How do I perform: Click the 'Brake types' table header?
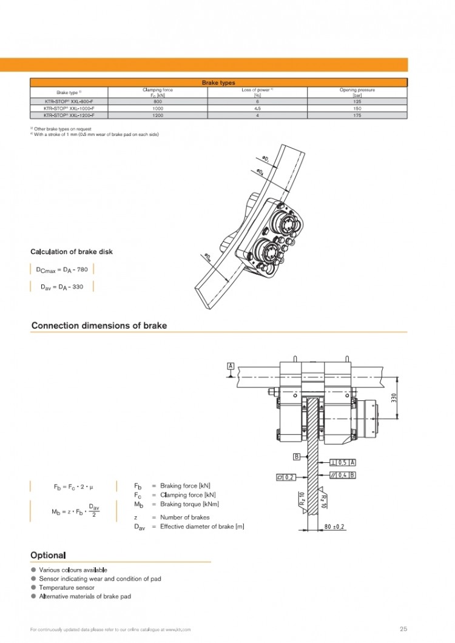(x=218, y=82)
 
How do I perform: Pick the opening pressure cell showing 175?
(x=357, y=114)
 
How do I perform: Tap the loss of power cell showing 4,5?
(x=258, y=108)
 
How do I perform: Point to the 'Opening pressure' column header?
(x=357, y=92)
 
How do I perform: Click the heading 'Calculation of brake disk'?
(x=71, y=252)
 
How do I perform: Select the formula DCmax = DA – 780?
(x=62, y=269)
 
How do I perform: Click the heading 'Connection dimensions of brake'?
(x=99, y=326)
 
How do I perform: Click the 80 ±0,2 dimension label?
(x=334, y=527)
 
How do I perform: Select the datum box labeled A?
(x=231, y=366)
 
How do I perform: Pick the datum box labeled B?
(x=297, y=457)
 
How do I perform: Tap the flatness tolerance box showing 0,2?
(x=286, y=477)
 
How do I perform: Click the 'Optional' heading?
(x=48, y=555)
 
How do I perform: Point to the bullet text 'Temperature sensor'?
(x=66, y=588)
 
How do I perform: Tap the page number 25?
(x=403, y=628)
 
